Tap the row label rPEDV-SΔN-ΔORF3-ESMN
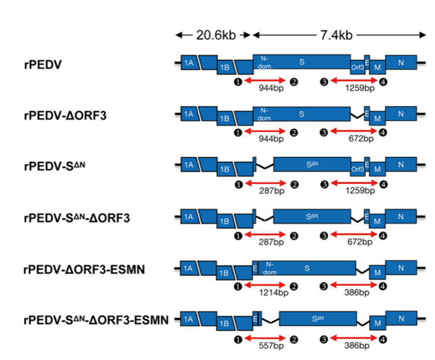pos(95,320)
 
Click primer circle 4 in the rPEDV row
pos(384,81)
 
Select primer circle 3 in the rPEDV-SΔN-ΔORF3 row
pos(324,235)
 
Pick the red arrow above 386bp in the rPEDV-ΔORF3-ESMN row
pos(353,286)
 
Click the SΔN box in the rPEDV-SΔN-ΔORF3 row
pos(311,217)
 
